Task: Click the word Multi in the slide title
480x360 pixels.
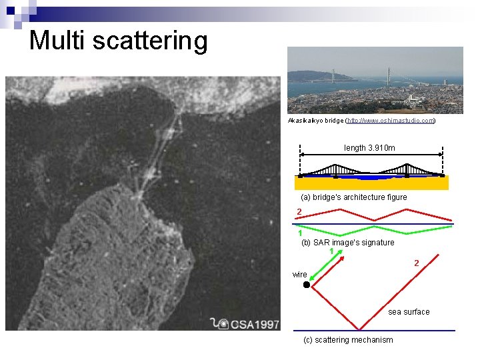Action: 58,40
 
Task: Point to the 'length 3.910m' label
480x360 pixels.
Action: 369,147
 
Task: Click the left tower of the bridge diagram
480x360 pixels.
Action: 334,169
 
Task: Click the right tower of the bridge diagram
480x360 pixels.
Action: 407,169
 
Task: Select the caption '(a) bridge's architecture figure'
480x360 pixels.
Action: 353,197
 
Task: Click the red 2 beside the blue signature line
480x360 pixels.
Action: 299,212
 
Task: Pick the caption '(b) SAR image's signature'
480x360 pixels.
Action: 347,243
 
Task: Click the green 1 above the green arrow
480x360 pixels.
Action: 331,251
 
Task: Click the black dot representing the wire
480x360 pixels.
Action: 307,285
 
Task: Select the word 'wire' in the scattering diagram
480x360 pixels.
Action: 300,275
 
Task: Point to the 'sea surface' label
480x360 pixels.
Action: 409,312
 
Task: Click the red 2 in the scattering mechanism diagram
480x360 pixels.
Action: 416,263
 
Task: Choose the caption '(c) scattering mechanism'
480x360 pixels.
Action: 347,340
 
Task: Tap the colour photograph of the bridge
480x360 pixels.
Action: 375,80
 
